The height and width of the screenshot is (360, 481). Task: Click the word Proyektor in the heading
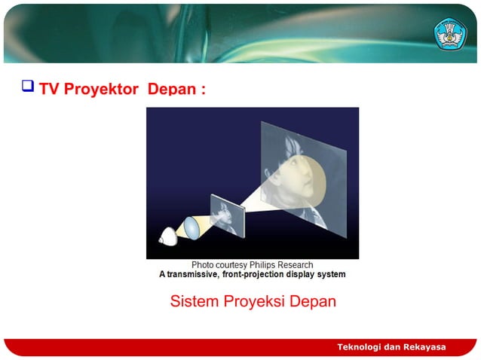pyautogui.click(x=100, y=89)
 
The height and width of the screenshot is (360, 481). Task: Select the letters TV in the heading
pyautogui.click(x=49, y=89)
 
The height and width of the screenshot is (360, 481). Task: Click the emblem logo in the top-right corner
pyautogui.click(x=450, y=33)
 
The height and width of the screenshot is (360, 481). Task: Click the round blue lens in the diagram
pyautogui.click(x=190, y=227)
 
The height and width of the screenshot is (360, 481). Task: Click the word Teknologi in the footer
pyautogui.click(x=360, y=346)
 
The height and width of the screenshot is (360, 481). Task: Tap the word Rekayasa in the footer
pyautogui.click(x=424, y=346)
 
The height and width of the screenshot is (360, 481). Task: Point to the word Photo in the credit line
pyautogui.click(x=203, y=265)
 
